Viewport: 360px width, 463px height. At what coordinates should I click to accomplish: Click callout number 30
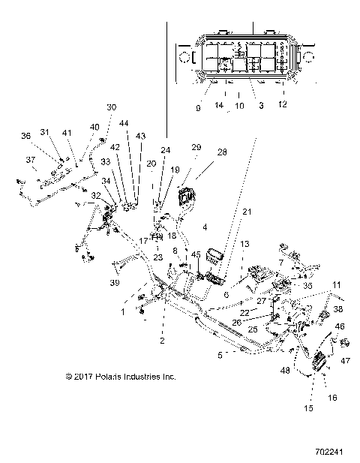pyautogui.click(x=112, y=107)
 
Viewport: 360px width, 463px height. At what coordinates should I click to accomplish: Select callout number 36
pyautogui.click(x=25, y=135)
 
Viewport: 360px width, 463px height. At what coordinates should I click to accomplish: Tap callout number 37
pyautogui.click(x=31, y=159)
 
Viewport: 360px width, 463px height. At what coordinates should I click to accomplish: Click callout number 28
pyautogui.click(x=222, y=152)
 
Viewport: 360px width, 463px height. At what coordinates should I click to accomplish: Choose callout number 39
pyautogui.click(x=115, y=283)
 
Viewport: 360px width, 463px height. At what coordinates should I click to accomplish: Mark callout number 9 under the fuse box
pyautogui.click(x=199, y=108)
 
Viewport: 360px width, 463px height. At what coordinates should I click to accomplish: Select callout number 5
pyautogui.click(x=220, y=354)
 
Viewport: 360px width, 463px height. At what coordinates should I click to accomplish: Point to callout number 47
pyautogui.click(x=346, y=361)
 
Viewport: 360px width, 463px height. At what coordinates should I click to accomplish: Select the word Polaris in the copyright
pyautogui.click(x=106, y=377)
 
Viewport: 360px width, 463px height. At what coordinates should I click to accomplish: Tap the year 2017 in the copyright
pyautogui.click(x=82, y=377)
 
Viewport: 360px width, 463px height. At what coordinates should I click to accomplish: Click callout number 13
pyautogui.click(x=244, y=244)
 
